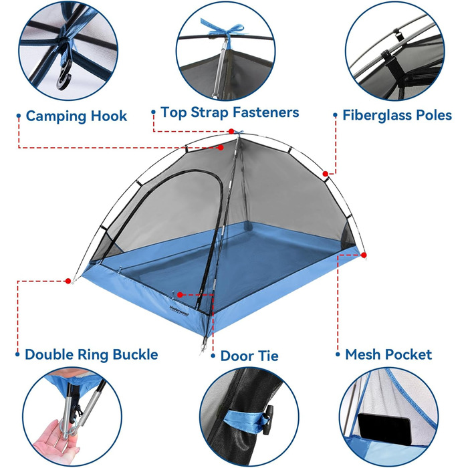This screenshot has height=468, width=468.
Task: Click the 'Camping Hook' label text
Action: point(76,116)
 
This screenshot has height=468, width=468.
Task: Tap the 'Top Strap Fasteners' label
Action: point(230,112)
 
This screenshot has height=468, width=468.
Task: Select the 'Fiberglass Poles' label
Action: point(397,115)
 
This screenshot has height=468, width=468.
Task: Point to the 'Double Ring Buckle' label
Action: point(92,354)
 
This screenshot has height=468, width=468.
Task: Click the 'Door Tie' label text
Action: point(249,356)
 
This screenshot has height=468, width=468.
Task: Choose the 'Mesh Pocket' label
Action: point(388,354)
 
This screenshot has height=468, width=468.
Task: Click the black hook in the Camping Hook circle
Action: point(64,78)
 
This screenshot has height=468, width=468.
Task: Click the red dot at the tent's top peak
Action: point(231,131)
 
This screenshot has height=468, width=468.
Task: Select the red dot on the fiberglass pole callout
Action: point(326,174)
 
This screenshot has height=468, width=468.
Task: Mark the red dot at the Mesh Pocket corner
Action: point(364,255)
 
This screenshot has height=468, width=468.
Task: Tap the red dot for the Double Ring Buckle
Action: point(68,281)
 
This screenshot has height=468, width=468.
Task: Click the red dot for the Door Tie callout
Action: point(180,295)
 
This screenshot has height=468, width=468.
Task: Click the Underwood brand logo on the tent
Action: point(179,312)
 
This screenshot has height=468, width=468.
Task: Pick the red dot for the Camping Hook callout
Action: point(221,148)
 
